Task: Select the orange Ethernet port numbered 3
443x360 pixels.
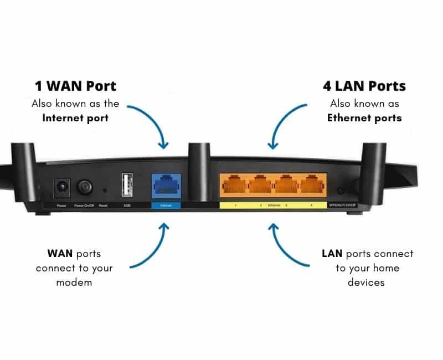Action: click(x=287, y=185)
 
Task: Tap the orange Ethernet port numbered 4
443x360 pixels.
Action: click(x=313, y=185)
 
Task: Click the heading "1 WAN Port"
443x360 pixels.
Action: click(x=75, y=86)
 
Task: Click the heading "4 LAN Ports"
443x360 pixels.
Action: click(x=364, y=86)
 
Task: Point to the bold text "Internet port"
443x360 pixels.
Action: click(x=75, y=117)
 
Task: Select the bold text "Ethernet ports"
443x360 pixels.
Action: click(x=364, y=117)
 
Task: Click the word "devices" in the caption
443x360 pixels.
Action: click(x=367, y=282)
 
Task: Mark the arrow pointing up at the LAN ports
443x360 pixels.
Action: click(x=288, y=244)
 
